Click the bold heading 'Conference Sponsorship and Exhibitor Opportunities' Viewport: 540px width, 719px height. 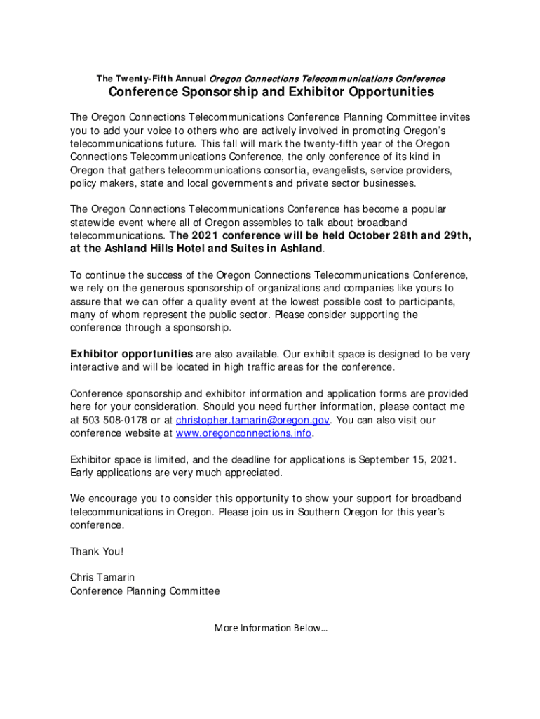click(271, 93)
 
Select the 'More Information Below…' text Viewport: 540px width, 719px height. click(271, 627)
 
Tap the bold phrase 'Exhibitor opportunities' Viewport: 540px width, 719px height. click(131, 354)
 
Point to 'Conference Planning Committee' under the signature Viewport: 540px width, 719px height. click(144, 591)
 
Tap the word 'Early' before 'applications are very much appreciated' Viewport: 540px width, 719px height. click(83, 473)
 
